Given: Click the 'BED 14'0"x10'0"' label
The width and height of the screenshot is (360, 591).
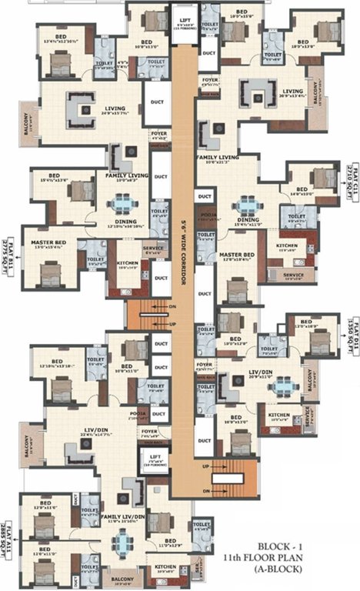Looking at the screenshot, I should [x=302, y=192].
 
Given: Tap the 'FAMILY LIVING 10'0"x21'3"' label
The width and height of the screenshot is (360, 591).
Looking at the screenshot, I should [x=218, y=159].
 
